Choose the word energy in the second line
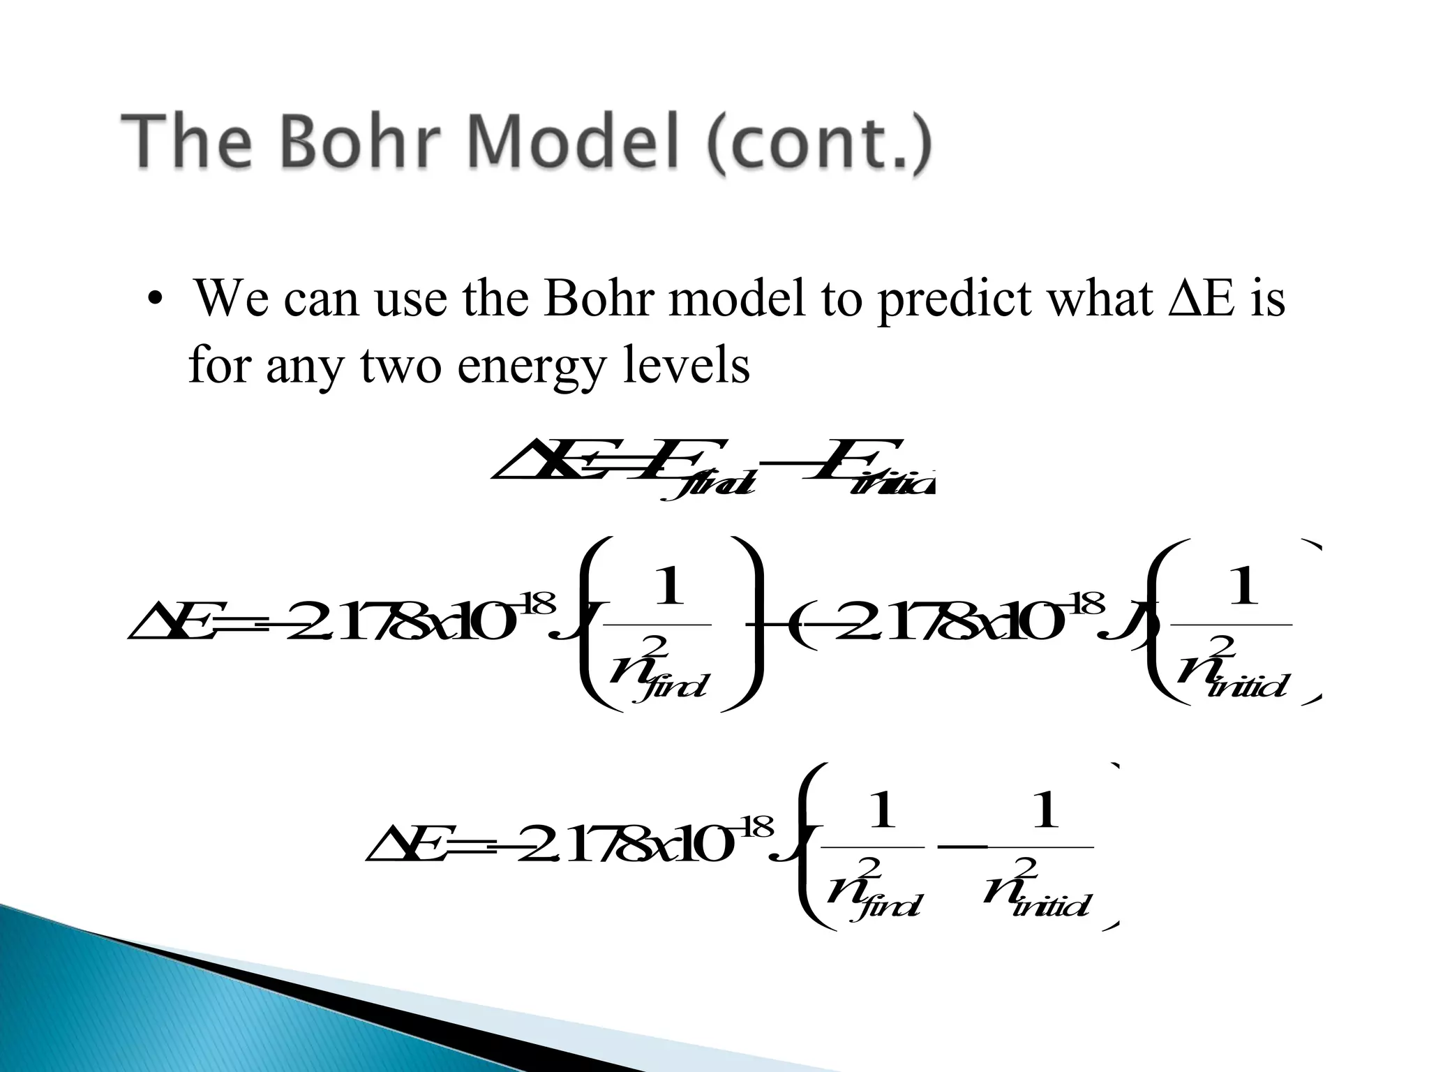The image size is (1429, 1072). pos(531,366)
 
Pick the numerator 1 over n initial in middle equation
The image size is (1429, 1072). pos(1243,587)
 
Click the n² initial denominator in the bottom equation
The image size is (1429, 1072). pos(1036,890)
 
